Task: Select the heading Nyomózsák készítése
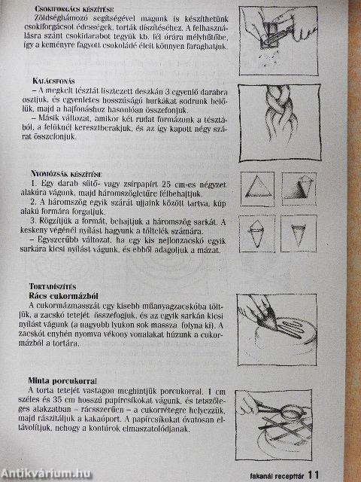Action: click(67, 172)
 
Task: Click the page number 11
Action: click(314, 474)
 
